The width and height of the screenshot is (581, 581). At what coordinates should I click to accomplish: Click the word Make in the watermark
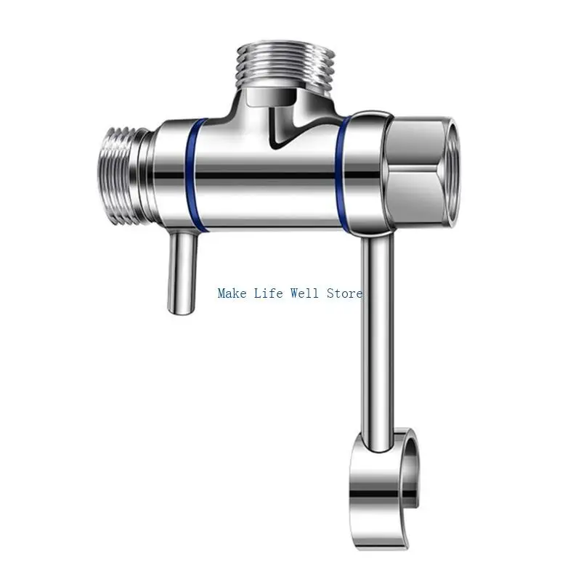click(232, 293)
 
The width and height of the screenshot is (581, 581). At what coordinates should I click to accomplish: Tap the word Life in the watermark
click(268, 293)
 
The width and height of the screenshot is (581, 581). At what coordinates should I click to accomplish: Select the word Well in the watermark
click(304, 293)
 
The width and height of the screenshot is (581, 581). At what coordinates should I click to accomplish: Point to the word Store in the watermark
click(344, 293)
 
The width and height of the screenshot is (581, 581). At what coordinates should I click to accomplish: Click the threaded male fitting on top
click(285, 65)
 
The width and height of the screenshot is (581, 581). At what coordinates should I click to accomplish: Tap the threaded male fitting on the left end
click(118, 176)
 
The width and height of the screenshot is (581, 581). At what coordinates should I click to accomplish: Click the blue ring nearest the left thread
click(195, 175)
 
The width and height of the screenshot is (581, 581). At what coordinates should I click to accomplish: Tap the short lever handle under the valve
click(182, 273)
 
